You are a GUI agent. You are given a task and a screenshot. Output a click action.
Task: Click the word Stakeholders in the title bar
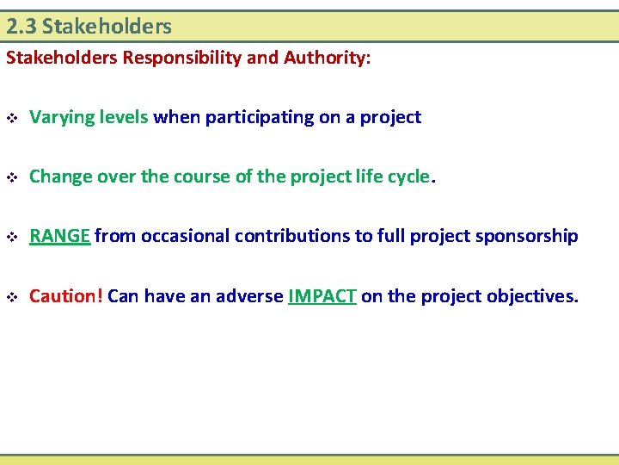tap(107, 27)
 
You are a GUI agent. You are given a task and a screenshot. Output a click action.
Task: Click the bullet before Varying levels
tap(11, 118)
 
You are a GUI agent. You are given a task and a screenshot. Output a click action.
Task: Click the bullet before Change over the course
tap(11, 177)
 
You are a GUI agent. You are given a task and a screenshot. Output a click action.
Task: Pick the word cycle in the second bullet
tap(408, 177)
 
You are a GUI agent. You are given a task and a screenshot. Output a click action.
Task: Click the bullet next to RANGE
tap(11, 237)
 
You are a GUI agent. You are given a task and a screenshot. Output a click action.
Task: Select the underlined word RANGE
tap(59, 236)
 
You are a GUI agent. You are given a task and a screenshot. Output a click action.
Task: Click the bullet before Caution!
tap(11, 296)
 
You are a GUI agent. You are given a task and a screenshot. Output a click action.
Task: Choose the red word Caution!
tap(66, 295)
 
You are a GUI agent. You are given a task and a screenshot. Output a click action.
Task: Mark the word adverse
tap(248, 295)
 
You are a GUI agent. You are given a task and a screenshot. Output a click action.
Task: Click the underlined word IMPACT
tap(322, 295)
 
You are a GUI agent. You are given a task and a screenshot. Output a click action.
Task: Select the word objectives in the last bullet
tap(532, 295)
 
